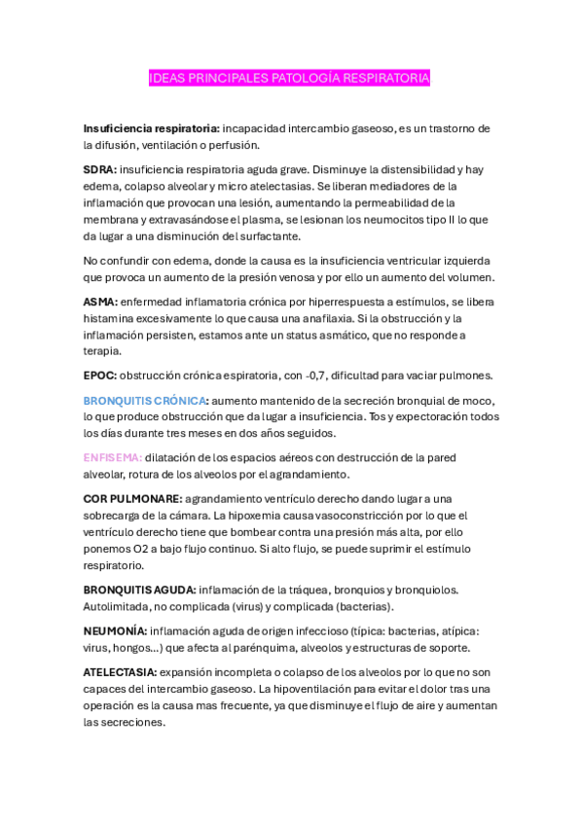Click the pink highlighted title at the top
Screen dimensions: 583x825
click(x=288, y=77)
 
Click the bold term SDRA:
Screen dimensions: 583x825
click(x=100, y=169)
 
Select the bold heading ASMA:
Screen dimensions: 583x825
click(x=101, y=302)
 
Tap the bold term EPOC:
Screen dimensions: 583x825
click(x=100, y=376)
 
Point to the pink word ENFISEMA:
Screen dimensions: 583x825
click(x=113, y=457)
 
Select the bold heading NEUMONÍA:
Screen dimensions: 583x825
click(x=116, y=630)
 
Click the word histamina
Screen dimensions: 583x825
click(x=110, y=318)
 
